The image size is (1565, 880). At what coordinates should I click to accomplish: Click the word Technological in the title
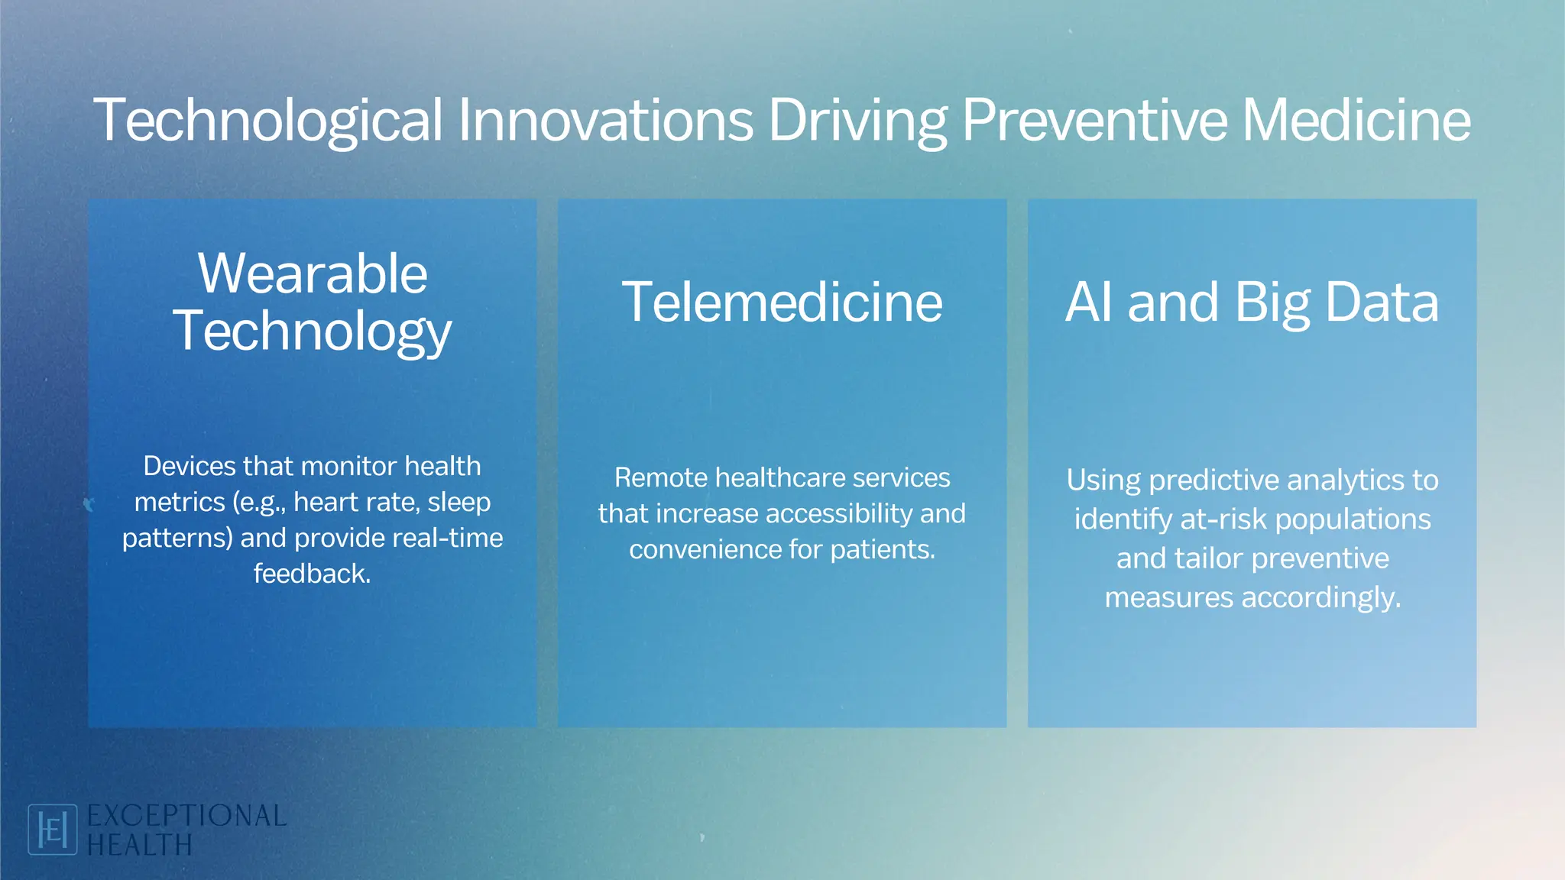click(x=267, y=121)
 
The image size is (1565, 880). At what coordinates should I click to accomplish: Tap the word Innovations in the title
click(x=605, y=121)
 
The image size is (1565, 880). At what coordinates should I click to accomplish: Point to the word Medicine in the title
click(x=1356, y=121)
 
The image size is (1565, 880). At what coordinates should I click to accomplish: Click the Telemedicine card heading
click(x=782, y=302)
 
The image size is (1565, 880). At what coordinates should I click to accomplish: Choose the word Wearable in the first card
click(x=313, y=273)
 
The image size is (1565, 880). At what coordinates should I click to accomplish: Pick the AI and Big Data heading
click(x=1252, y=302)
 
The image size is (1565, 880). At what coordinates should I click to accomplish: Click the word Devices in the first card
click(x=189, y=466)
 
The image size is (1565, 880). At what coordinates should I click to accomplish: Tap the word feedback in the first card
click(x=312, y=574)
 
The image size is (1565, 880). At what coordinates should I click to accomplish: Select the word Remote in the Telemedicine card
click(x=661, y=478)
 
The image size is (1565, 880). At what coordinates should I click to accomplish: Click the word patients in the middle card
click(x=882, y=550)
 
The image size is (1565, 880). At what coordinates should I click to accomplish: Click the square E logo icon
click(x=52, y=830)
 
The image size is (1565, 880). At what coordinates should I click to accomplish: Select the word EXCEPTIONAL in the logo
click(x=186, y=816)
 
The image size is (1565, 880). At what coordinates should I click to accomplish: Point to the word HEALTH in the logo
click(x=139, y=846)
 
